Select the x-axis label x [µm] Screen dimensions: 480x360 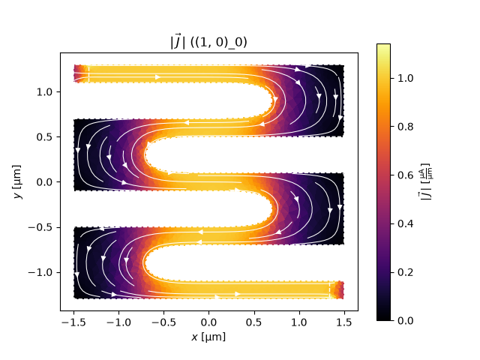208,337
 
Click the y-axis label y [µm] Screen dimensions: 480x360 17,181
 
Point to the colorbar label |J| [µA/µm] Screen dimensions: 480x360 425,181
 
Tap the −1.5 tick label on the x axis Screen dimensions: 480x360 73,322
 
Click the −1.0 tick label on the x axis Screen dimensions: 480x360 118,322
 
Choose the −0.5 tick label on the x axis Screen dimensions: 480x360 163,322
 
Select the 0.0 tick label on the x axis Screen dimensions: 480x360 208,322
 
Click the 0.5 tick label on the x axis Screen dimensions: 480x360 253,322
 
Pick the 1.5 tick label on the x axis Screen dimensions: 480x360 344,322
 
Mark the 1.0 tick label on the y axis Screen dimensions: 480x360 44,91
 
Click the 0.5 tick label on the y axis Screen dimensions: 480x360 44,136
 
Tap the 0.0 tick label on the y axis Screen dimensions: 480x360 44,182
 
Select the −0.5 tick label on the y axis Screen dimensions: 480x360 40,227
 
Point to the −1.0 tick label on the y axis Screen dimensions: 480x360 40,272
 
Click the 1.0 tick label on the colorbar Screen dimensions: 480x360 405,78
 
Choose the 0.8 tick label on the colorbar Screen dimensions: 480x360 405,127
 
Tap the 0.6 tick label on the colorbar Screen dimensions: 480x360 405,175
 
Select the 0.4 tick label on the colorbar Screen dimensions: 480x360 405,223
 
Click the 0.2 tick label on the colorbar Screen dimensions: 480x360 405,272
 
